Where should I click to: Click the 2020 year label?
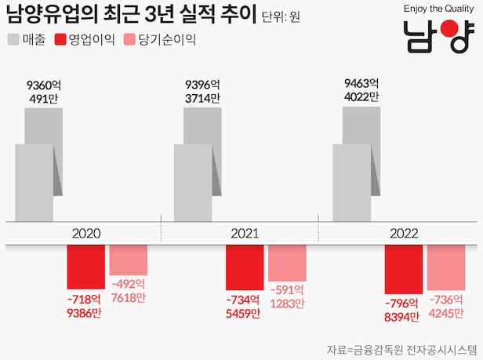pos(85,233)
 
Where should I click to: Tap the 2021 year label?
pos(245,233)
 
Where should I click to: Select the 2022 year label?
pos(403,233)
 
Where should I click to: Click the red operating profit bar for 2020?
pos(85,267)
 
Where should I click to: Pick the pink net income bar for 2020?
pos(128,260)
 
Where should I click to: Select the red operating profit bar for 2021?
pos(245,267)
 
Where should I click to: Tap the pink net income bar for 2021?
pos(287,263)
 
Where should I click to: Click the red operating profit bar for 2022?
pos(404,269)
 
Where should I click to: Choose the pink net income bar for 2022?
pos(446,267)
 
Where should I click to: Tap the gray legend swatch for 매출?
pos(15,39)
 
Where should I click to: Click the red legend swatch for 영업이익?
pos(60,39)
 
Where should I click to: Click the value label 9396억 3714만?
pos(202,91)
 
